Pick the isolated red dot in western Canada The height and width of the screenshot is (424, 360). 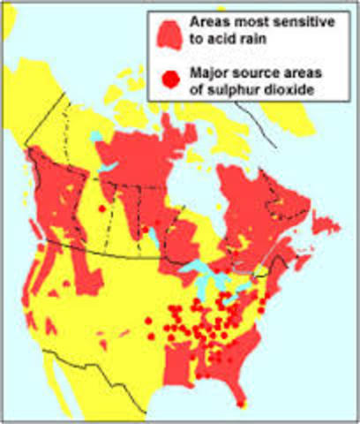[x=102, y=208]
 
